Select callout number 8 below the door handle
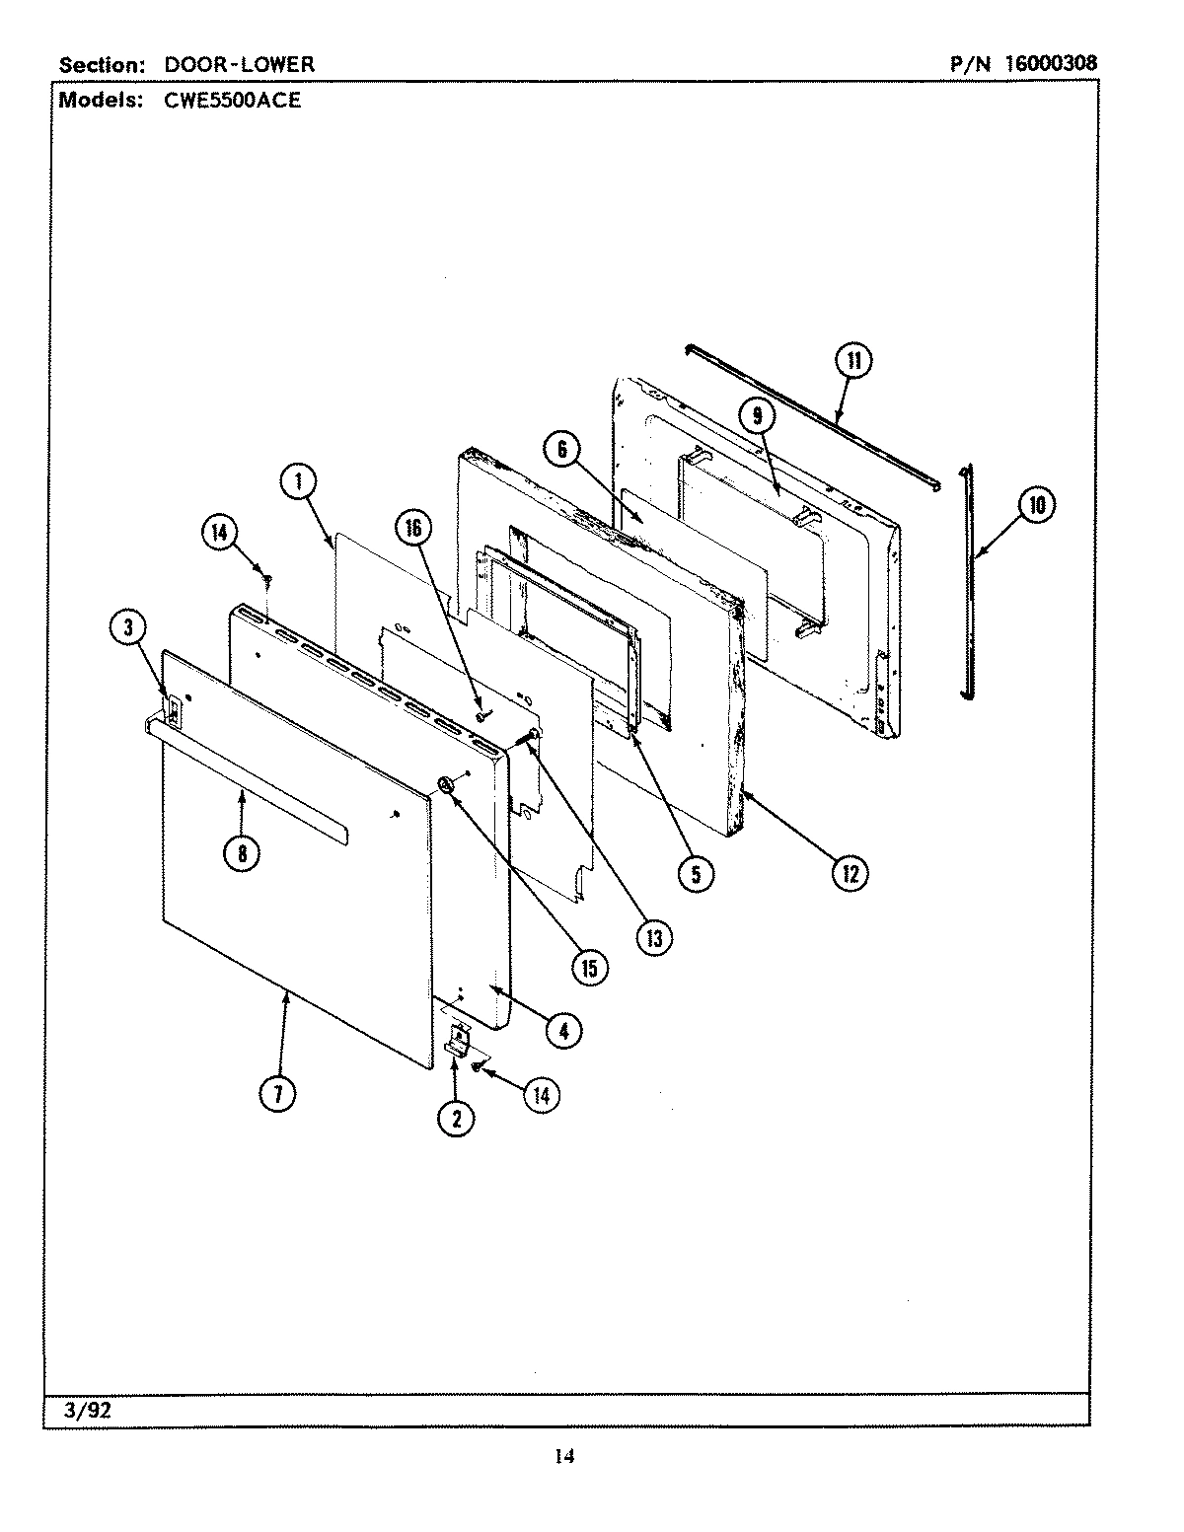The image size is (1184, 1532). click(242, 854)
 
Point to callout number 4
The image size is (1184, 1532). click(562, 1030)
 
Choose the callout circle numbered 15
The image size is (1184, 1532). click(589, 969)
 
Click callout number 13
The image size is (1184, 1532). click(653, 937)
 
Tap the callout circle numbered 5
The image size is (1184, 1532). click(696, 874)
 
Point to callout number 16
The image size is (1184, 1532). click(412, 529)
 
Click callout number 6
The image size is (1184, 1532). click(561, 450)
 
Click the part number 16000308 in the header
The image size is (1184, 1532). click(1051, 64)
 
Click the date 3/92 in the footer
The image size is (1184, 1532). click(87, 1411)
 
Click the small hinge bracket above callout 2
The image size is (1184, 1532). click(458, 1039)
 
